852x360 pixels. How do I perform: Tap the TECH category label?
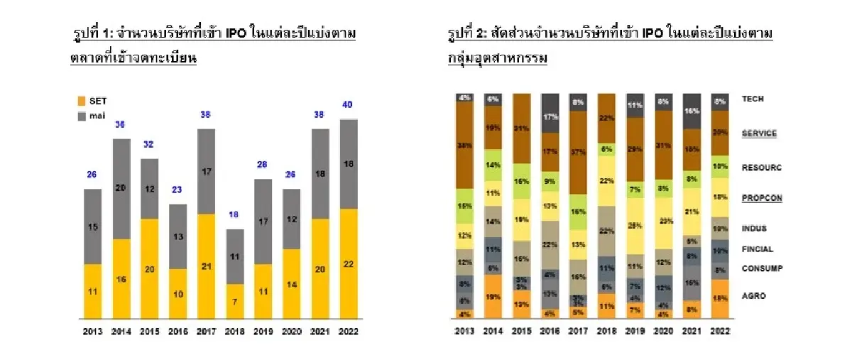(753, 99)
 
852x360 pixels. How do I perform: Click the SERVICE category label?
(760, 133)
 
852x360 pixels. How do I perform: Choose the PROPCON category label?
(762, 198)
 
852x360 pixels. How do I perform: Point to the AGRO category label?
(754, 295)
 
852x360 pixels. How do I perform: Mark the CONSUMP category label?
(762, 268)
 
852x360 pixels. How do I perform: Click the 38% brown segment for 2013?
(466, 145)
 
